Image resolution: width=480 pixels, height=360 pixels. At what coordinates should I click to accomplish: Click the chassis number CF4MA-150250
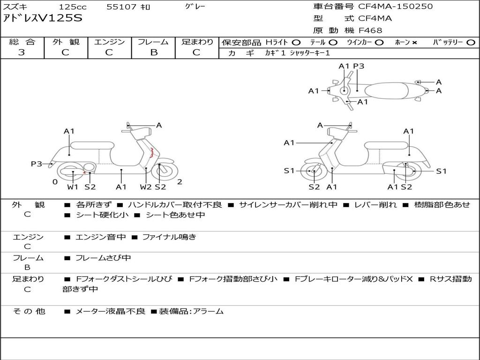(395, 6)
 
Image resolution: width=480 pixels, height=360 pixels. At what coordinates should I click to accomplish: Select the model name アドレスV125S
(43, 18)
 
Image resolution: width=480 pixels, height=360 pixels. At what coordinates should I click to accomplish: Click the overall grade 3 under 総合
(22, 52)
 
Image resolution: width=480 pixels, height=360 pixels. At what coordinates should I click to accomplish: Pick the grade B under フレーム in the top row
(154, 52)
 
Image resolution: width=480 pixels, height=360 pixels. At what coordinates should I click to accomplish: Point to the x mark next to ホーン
(414, 43)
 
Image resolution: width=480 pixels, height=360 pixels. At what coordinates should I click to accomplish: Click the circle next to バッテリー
(471, 43)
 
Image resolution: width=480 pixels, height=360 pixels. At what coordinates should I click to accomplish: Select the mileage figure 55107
(121, 7)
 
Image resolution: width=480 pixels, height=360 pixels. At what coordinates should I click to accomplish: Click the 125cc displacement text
(73, 7)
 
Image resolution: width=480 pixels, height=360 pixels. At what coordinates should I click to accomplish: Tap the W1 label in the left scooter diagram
(73, 187)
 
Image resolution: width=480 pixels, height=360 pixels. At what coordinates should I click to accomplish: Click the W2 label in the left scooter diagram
(145, 187)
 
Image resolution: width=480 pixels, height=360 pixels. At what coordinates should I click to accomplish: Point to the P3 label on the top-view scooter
(359, 66)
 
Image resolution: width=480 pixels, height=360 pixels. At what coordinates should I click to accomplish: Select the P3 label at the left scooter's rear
(37, 164)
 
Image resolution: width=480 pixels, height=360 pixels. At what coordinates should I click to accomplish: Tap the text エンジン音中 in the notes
(100, 237)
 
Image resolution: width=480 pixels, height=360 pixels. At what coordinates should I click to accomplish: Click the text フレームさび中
(103, 258)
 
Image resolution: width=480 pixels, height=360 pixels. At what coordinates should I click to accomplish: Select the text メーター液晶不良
(110, 311)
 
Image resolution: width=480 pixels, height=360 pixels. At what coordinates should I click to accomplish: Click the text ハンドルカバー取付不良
(175, 205)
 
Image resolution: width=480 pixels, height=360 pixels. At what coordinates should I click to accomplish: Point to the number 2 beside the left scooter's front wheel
(180, 182)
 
